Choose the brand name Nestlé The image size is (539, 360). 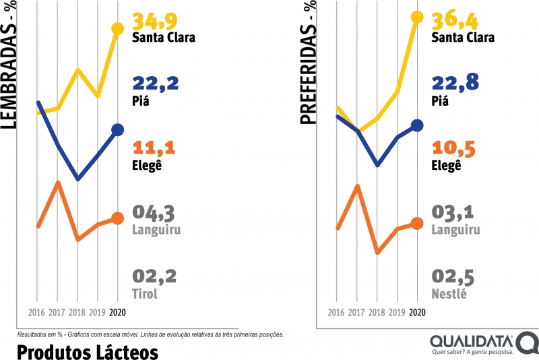pyautogui.click(x=449, y=294)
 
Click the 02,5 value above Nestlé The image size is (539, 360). pyautogui.click(x=453, y=276)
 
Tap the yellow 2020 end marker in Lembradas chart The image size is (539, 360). pyautogui.click(x=118, y=28)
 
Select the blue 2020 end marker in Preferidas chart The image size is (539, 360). pyautogui.click(x=417, y=125)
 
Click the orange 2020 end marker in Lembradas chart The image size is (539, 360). pyautogui.click(x=118, y=218)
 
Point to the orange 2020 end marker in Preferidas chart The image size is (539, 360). pyautogui.click(x=417, y=223)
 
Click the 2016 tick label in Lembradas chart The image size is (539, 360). pyautogui.click(x=38, y=313)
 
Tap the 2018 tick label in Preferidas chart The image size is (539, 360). pyautogui.click(x=377, y=313)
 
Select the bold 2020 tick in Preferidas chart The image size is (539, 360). pyautogui.click(x=417, y=313)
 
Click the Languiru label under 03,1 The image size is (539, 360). pyautogui.click(x=455, y=230)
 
